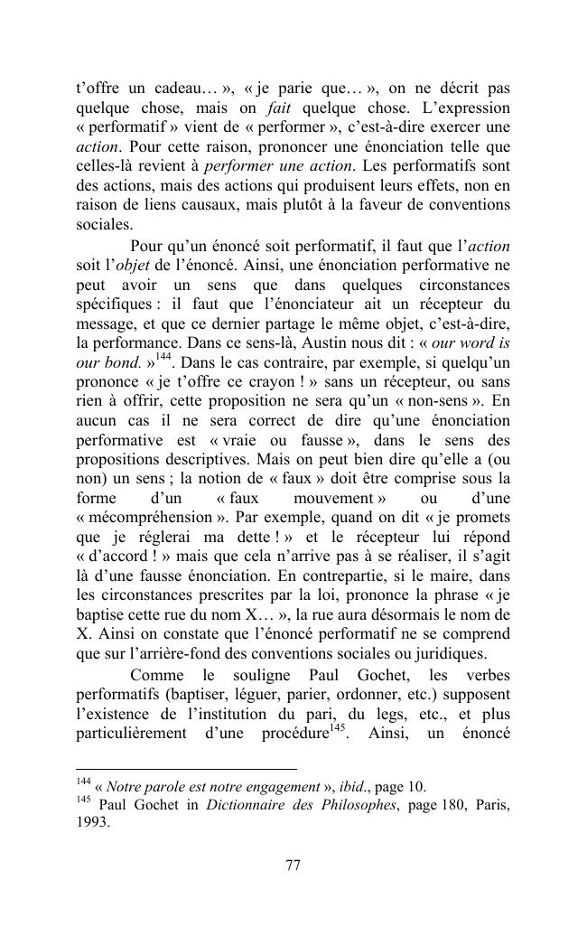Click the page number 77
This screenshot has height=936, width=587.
click(x=293, y=865)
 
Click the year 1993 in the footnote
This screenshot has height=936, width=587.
click(x=93, y=823)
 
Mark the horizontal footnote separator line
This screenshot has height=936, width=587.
click(x=186, y=768)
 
